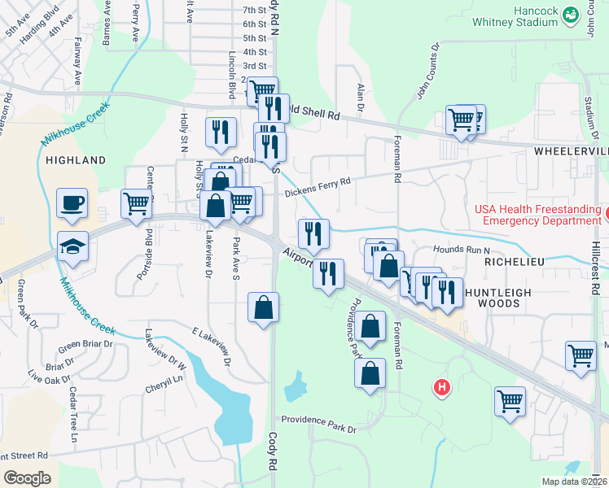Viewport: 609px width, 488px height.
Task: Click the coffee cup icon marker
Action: pyautogui.click(x=72, y=202)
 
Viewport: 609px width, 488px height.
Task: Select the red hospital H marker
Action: pyautogui.click(x=442, y=387)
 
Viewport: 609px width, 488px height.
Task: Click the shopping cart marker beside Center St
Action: pyautogui.click(x=137, y=203)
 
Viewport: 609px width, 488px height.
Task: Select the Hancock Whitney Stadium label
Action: pyautogui.click(x=541, y=17)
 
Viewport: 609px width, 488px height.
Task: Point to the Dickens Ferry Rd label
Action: pyautogui.click(x=318, y=186)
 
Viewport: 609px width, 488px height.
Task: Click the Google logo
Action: pyautogui.click(x=28, y=477)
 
